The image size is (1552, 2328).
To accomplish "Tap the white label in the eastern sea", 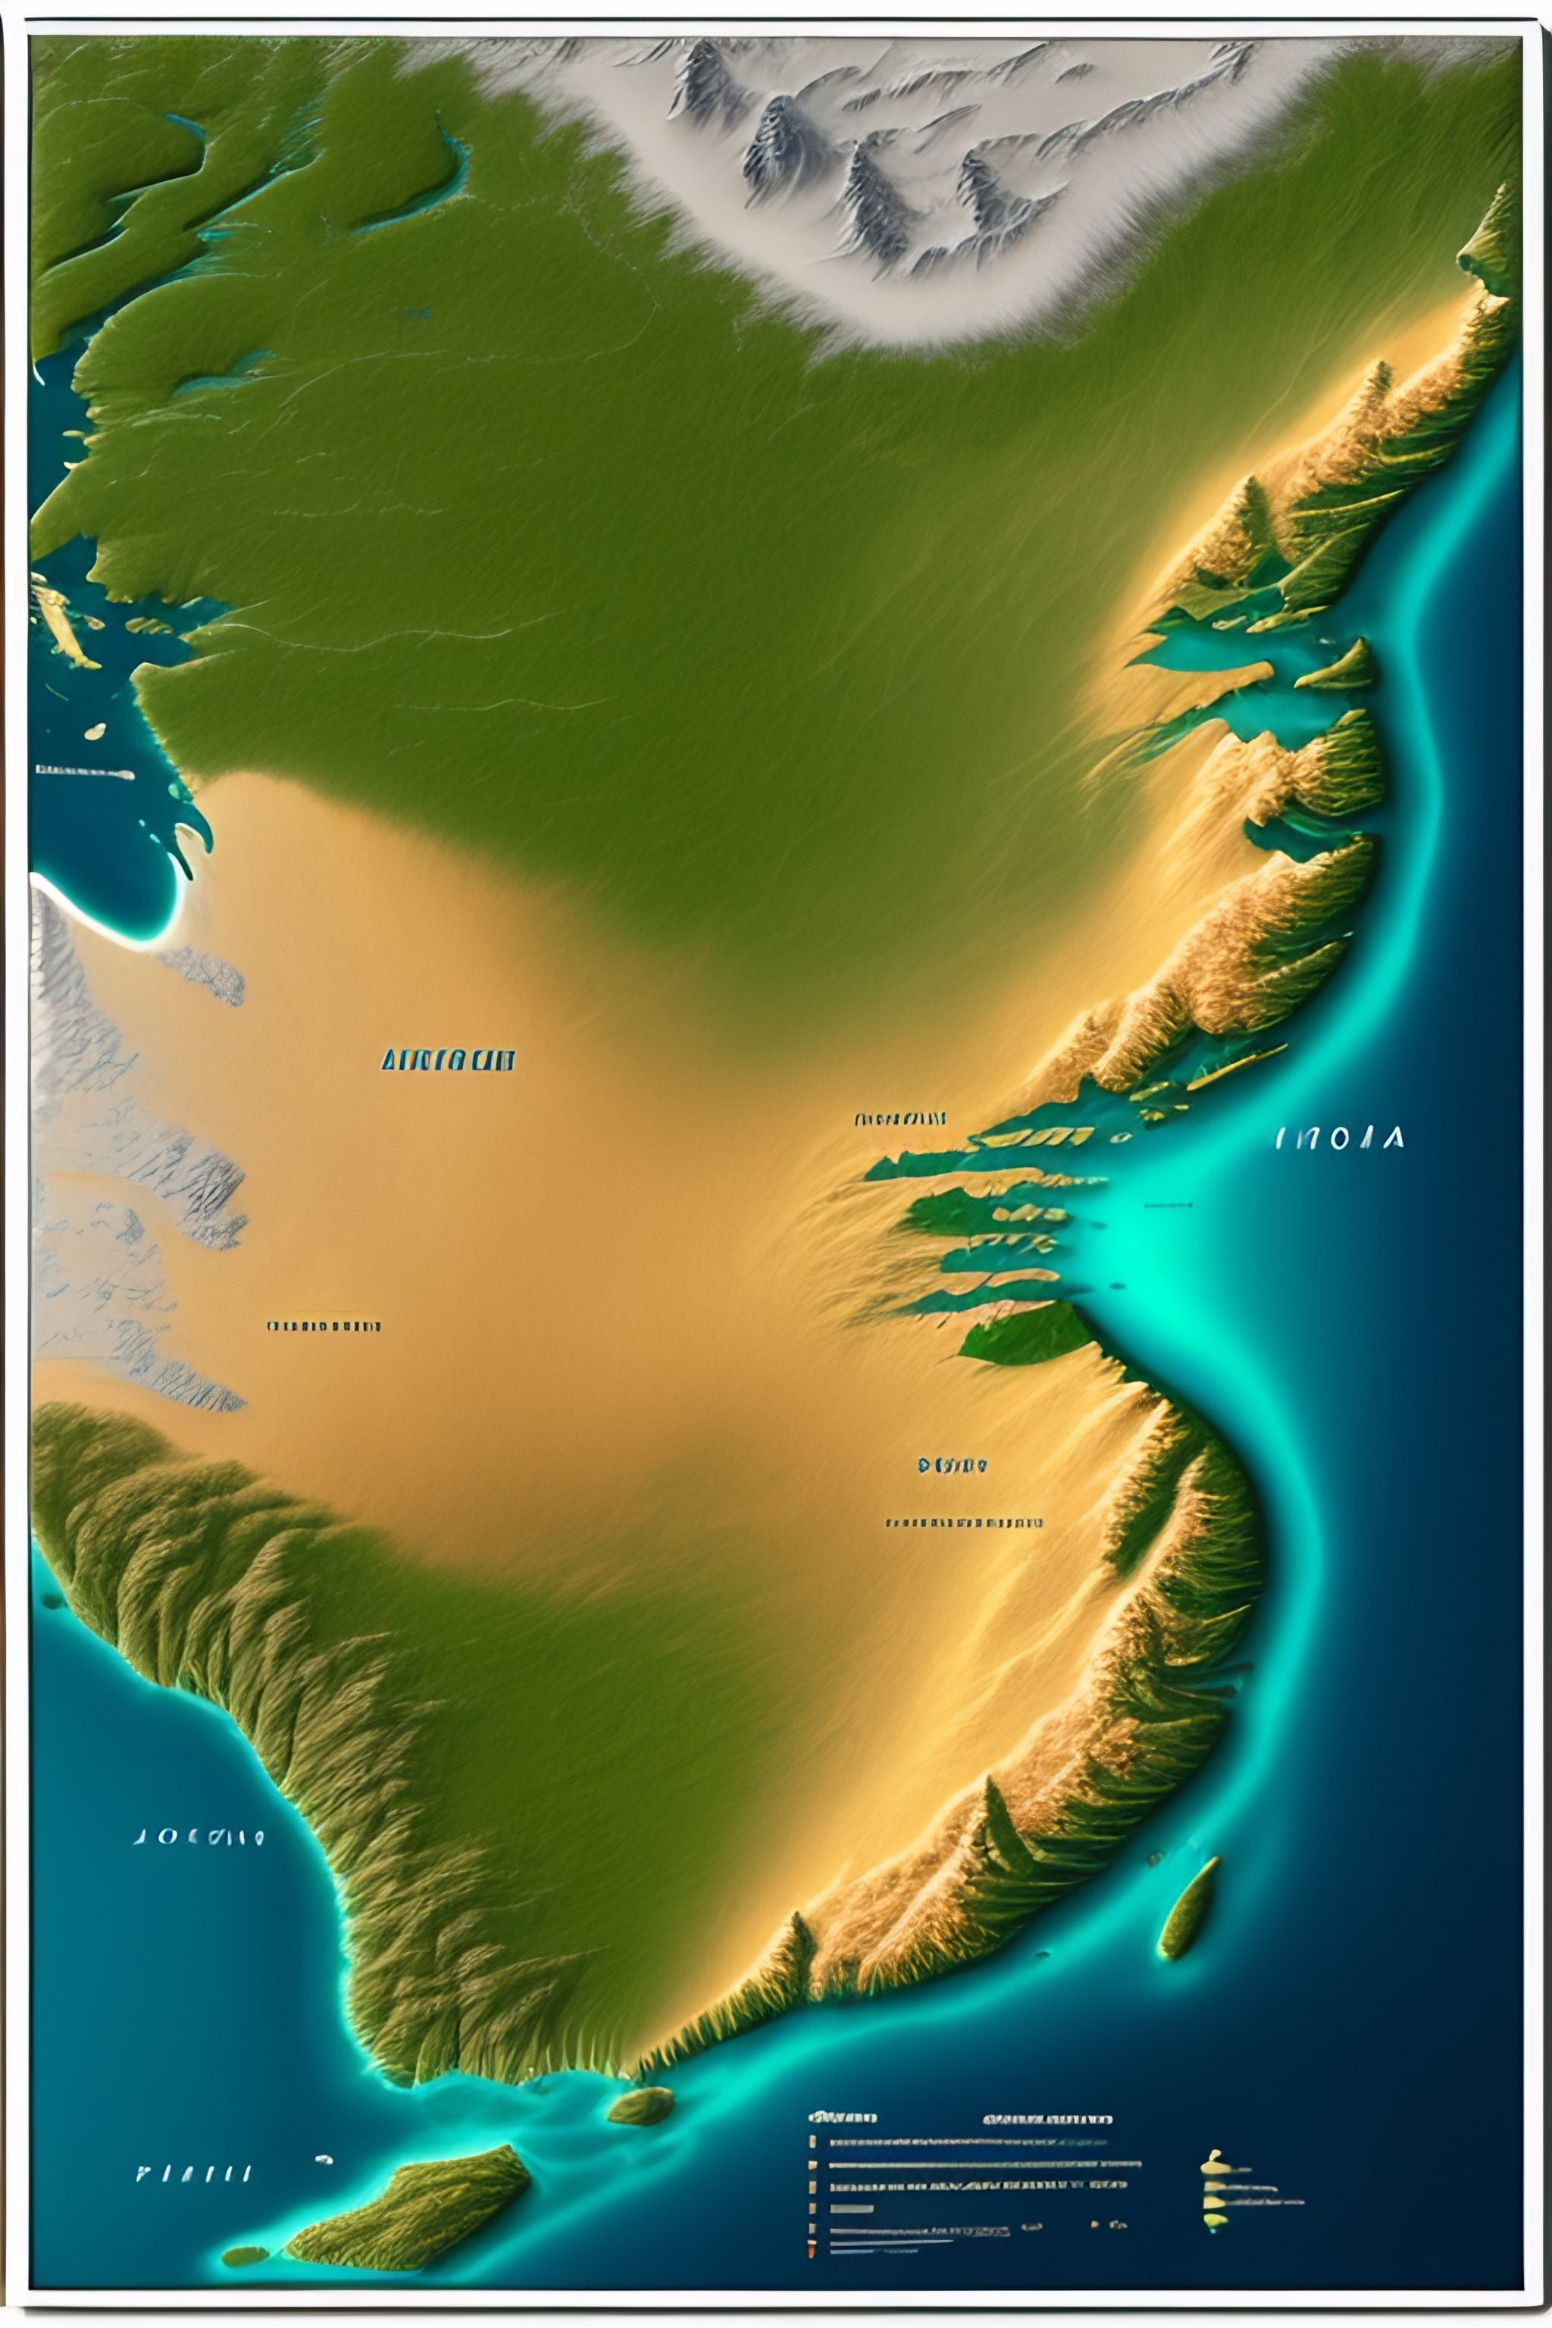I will coord(1339,1138).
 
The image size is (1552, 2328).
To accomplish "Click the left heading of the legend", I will coord(843,2118).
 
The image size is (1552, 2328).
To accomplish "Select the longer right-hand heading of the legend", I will coord(1047,2119).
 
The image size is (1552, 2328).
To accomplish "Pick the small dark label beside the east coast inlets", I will coord(900,1119).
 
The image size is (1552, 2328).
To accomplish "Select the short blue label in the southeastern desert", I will coord(952,1465).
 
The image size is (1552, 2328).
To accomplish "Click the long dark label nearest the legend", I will coord(963,1522).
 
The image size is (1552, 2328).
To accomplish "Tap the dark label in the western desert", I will coord(324,1325).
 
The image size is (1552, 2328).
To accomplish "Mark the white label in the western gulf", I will coord(84,772).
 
